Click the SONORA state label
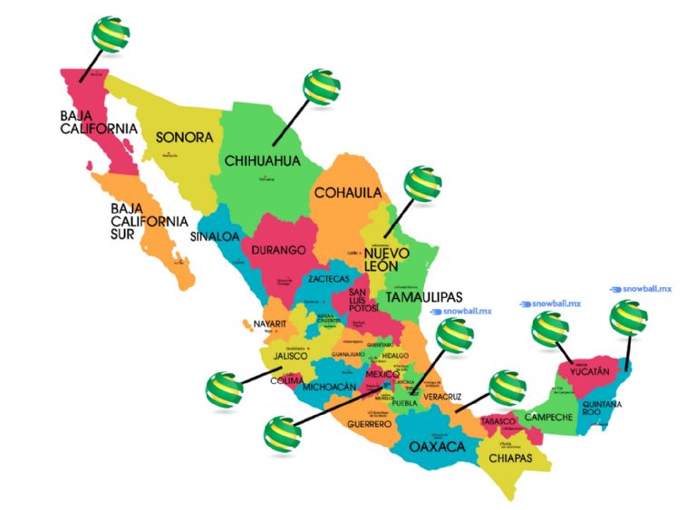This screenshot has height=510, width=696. pyautogui.click(x=184, y=139)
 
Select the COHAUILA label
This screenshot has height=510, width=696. pyautogui.click(x=347, y=193)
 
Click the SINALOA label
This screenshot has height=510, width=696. pyautogui.click(x=214, y=236)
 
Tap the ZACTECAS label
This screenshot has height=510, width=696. pyautogui.click(x=328, y=278)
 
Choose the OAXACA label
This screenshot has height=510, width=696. pyautogui.click(x=437, y=447)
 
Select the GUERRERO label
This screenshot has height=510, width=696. pyautogui.click(x=368, y=423)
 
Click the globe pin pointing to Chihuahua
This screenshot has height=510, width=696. pyautogui.click(x=322, y=86)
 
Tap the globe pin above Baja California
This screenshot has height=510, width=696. pyautogui.click(x=109, y=34)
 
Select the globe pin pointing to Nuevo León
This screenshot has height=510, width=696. pyautogui.click(x=422, y=184)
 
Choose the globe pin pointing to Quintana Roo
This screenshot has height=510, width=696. pyautogui.click(x=628, y=318)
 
